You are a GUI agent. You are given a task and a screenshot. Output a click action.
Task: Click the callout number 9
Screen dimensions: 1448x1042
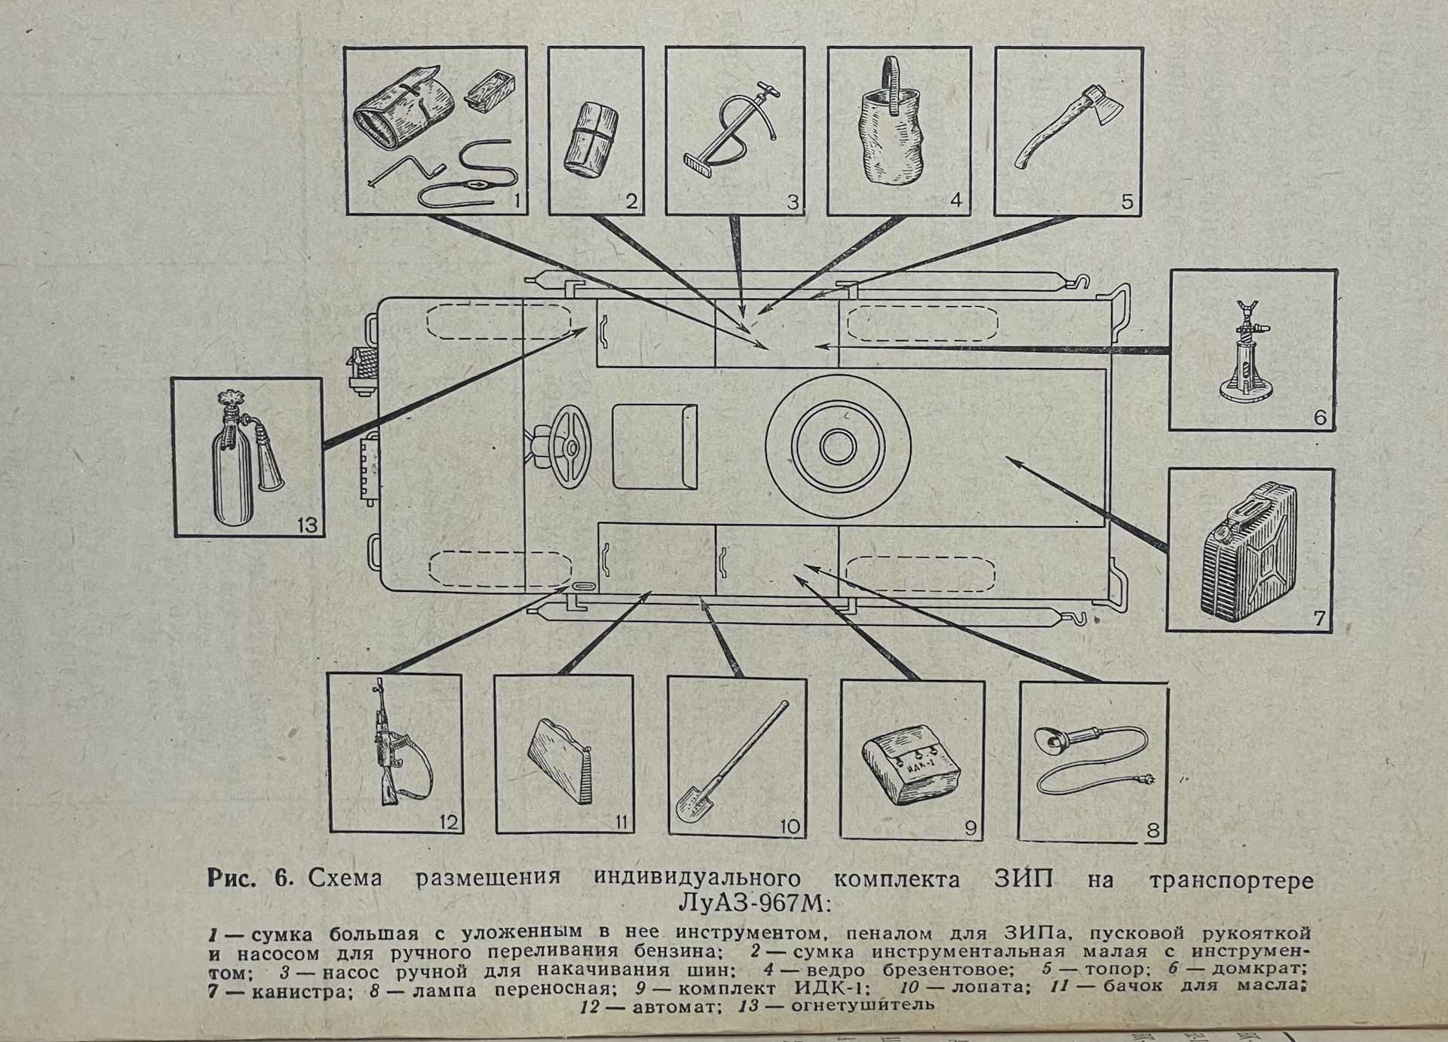[x=971, y=828]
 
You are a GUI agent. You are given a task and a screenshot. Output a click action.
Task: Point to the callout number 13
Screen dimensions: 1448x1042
[x=307, y=524]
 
